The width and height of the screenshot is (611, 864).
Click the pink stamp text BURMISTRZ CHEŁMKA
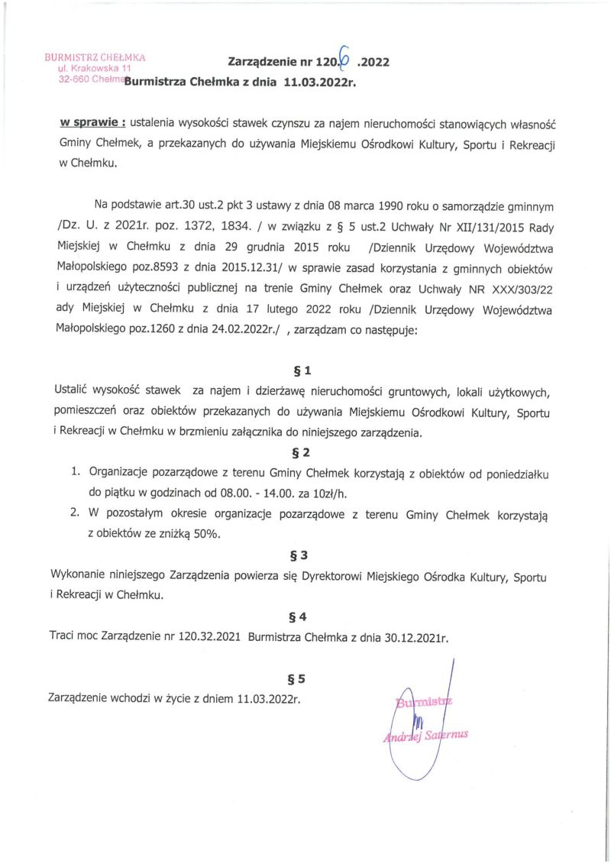(x=95, y=57)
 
